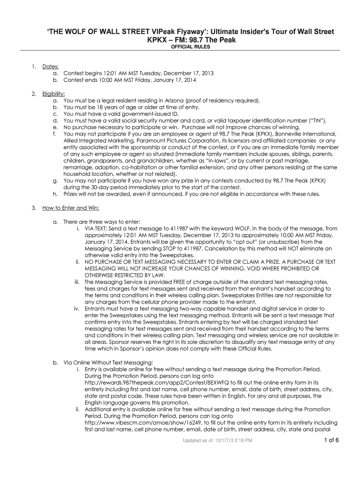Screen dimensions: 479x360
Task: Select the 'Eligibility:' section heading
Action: click(x=54, y=94)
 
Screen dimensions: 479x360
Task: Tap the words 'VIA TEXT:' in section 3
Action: click(x=99, y=229)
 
